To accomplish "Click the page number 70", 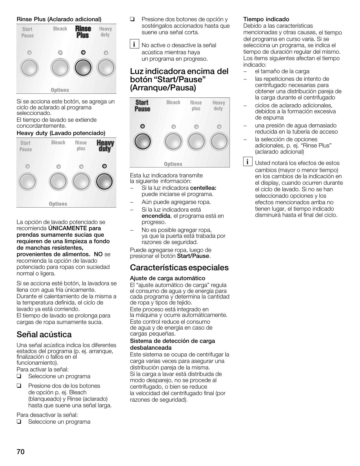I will pyautogui.click(x=21, y=452).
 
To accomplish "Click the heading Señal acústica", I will pyautogui.click(x=44, y=334).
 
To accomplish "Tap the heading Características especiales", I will pyautogui.click(x=179, y=267).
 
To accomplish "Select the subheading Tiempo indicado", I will pyautogui.click(x=266, y=19).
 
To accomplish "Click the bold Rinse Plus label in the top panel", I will pyautogui.click(x=83, y=32).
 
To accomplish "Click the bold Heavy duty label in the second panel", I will pyautogui.click(x=105, y=146).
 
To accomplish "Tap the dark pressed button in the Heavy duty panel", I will pyautogui.click(x=104, y=182).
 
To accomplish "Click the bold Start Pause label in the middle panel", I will pyautogui.click(x=142, y=106).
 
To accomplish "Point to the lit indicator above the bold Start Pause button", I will pyautogui.click(x=143, y=126).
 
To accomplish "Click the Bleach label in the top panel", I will pyautogui.click(x=60, y=29).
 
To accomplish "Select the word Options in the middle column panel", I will pyautogui.click(x=173, y=164).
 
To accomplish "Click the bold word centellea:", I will pyautogui.click(x=203, y=188).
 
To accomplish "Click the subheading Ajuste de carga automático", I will pyautogui.click(x=167, y=278).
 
